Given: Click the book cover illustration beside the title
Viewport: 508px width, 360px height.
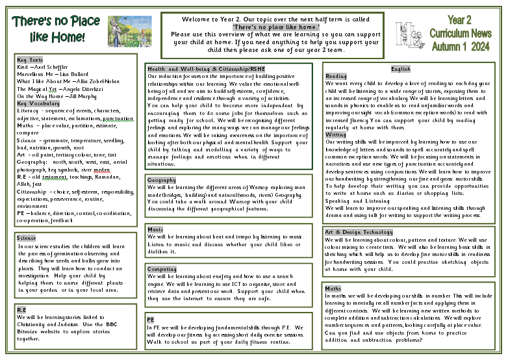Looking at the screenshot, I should (129, 31).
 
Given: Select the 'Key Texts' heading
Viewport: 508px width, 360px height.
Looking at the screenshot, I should (30, 60).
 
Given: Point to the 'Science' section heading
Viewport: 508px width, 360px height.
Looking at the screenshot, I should (27, 238).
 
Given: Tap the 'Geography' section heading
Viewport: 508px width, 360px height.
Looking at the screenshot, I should (162, 180).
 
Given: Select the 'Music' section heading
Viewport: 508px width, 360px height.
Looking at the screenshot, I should (155, 229).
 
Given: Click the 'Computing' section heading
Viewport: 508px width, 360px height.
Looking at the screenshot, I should (162, 269).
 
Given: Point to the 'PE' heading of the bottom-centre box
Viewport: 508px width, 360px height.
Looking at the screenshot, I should (151, 320).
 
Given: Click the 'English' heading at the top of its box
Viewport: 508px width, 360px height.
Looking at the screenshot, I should (401, 68).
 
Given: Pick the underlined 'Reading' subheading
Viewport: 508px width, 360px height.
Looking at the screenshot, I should (336, 76).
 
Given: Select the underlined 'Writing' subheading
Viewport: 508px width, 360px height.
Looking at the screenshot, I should (336, 135).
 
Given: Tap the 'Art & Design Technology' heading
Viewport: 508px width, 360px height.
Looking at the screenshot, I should (359, 232).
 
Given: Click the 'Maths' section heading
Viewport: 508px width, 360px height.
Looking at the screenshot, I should (333, 288).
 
